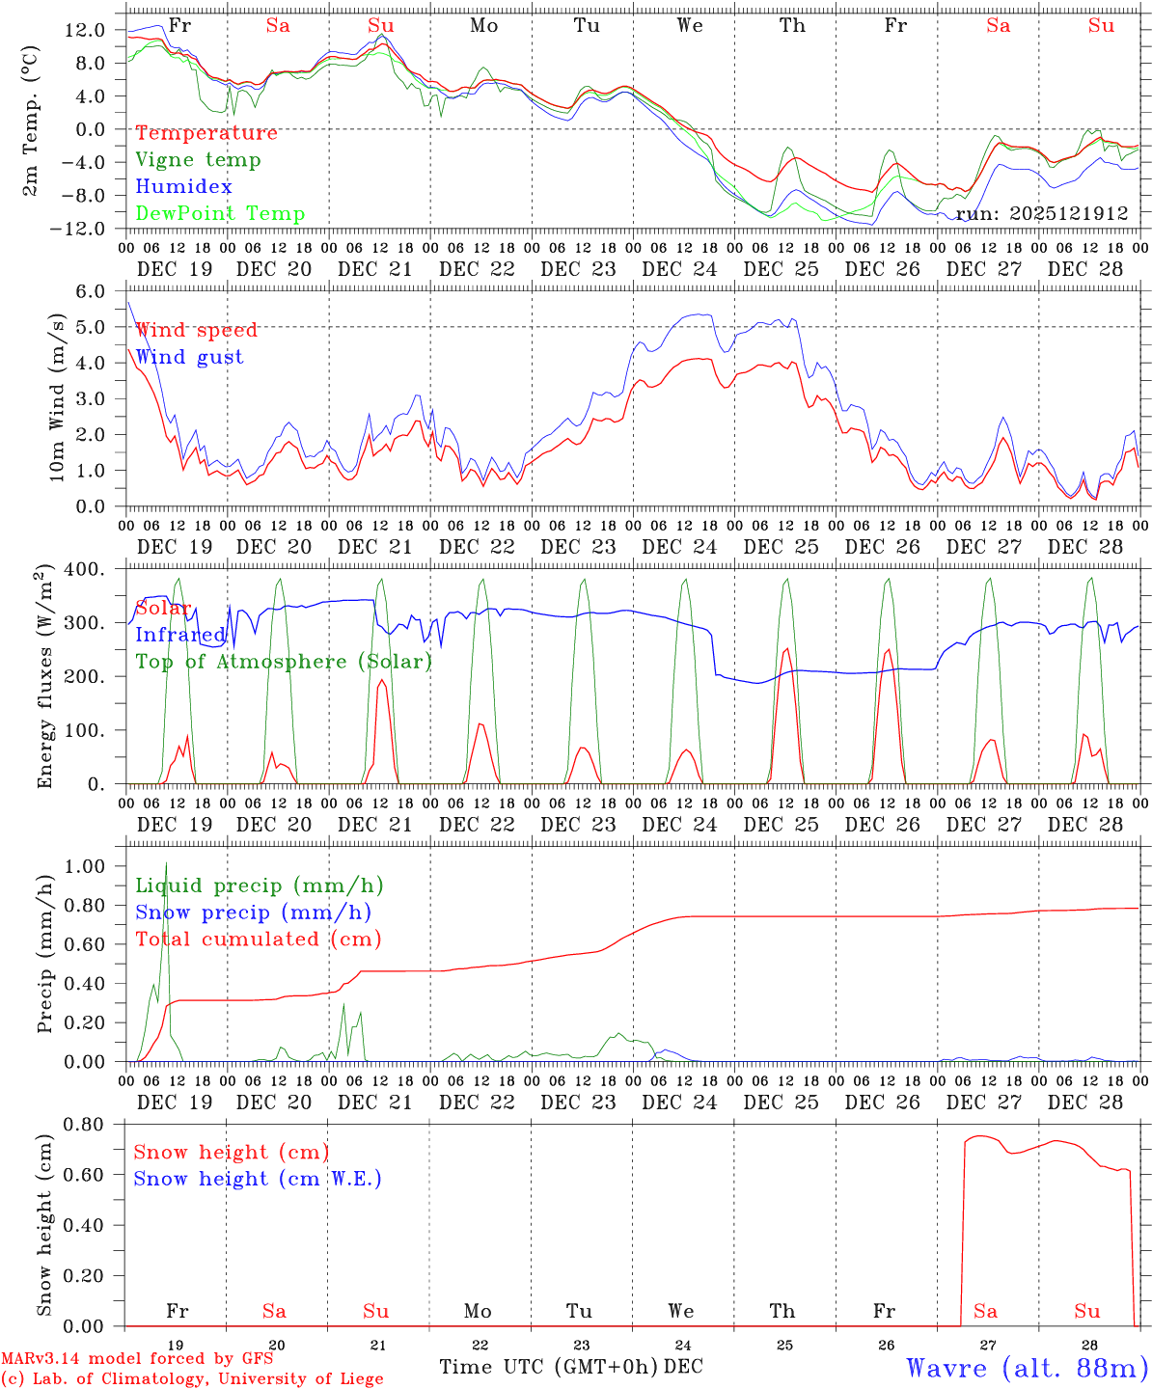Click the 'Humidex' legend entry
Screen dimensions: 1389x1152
click(183, 187)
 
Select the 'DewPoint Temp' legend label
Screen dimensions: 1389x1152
click(220, 214)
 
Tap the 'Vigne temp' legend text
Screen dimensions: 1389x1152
click(198, 160)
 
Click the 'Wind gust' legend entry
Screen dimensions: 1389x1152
click(189, 357)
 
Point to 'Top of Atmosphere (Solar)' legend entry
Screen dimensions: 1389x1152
click(283, 662)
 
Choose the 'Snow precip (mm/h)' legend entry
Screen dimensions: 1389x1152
click(253, 912)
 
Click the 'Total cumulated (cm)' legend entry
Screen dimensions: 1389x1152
click(258, 939)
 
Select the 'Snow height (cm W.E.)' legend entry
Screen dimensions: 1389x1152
click(257, 1179)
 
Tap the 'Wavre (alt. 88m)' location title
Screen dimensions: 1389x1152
click(1027, 1368)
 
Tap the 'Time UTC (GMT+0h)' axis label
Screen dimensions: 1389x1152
click(549, 1367)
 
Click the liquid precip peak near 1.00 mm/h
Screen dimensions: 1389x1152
click(166, 863)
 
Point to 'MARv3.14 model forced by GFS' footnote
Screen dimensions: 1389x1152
click(137, 1359)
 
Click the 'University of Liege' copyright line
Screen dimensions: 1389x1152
click(192, 1379)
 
